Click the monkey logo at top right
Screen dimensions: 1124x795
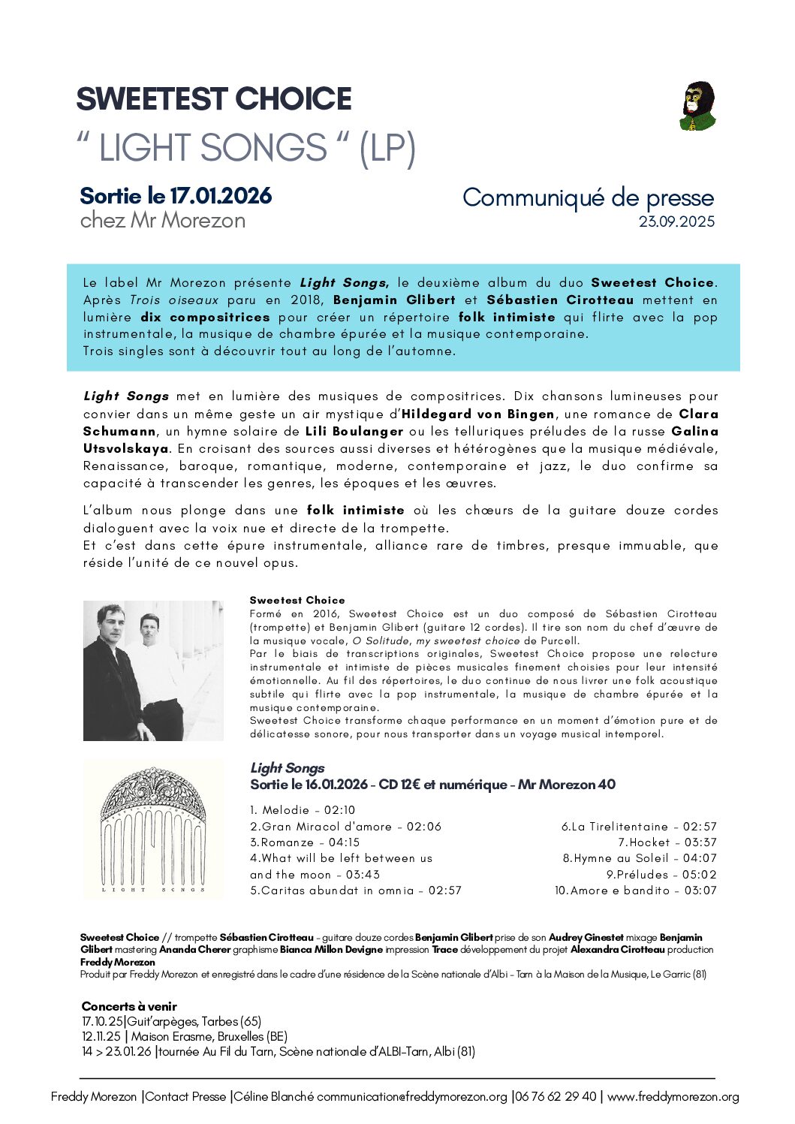697,106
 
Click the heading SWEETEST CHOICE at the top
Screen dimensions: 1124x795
214,99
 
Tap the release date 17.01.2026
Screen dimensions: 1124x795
221,196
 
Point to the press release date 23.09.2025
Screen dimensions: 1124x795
676,221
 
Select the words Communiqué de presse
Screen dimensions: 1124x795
588,197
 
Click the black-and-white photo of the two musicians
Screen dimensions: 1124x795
153,670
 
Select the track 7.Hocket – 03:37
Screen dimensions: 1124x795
667,842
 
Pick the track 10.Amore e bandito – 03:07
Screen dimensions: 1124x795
635,890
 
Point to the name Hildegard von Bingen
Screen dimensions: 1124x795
478,414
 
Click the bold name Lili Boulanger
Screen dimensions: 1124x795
354,431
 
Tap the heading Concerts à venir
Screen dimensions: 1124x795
129,1006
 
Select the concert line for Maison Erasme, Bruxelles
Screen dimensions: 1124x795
185,1036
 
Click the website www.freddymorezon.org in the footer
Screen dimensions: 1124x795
673,1096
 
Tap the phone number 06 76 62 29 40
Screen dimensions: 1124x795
556,1096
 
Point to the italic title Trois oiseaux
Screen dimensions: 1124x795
174,300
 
